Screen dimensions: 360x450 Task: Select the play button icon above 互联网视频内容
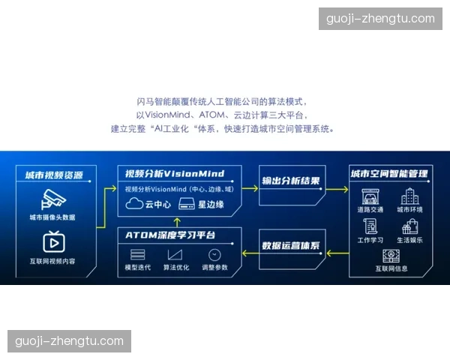click(x=52, y=241)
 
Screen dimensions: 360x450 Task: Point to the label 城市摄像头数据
click(x=52, y=217)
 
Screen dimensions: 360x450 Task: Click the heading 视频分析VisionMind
click(x=179, y=173)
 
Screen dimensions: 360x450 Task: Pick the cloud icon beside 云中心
click(x=134, y=203)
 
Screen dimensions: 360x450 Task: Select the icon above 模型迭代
click(x=138, y=254)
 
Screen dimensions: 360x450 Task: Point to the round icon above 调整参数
click(x=214, y=254)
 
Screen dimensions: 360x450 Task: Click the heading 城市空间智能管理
click(x=389, y=174)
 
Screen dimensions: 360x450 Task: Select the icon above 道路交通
click(x=370, y=196)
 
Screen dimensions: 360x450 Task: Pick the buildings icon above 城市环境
click(x=410, y=196)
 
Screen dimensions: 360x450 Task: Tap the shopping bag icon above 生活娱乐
click(x=410, y=226)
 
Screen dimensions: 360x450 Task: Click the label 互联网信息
click(x=391, y=268)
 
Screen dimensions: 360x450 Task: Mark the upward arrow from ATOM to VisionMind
click(x=176, y=221)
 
